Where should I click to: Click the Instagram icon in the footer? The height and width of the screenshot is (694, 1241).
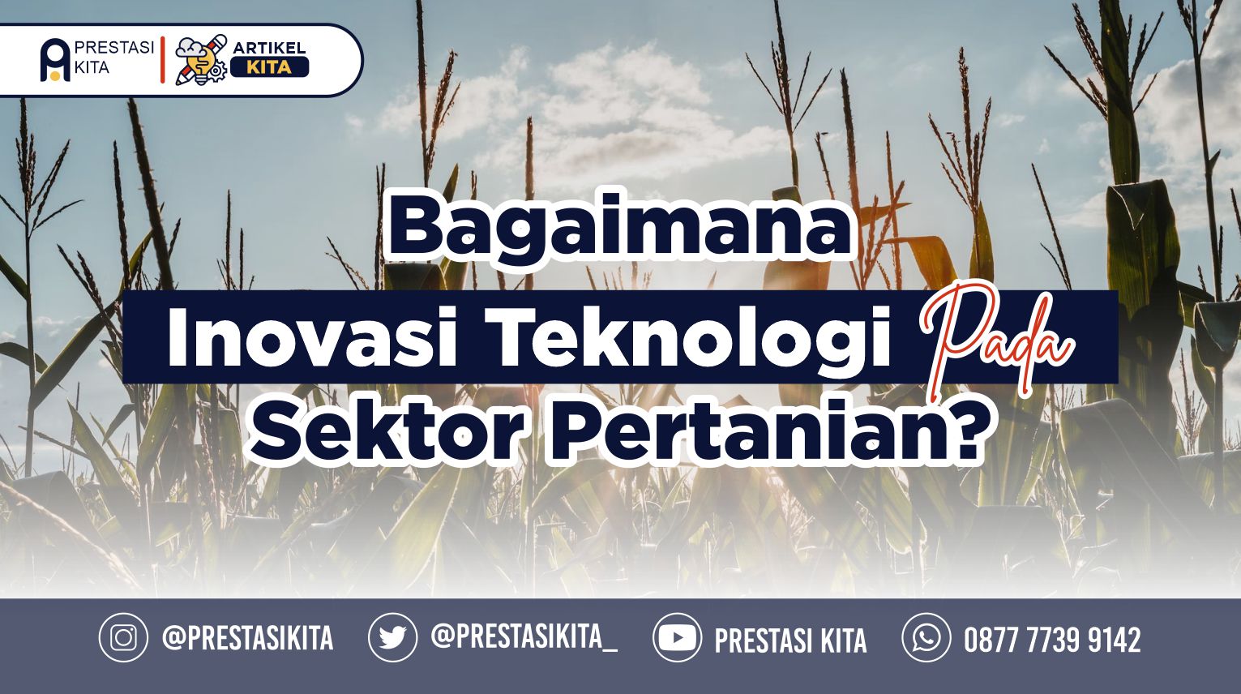pyautogui.click(x=123, y=638)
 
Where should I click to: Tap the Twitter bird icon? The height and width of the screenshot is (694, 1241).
pyautogui.click(x=393, y=638)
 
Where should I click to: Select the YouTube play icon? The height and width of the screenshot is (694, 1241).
pyautogui.click(x=677, y=638)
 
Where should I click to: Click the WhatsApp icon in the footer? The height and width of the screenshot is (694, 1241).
pyautogui.click(x=926, y=638)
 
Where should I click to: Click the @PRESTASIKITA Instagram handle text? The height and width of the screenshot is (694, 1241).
pyautogui.click(x=248, y=637)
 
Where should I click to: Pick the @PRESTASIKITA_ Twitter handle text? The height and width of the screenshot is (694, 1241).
pyautogui.click(x=524, y=636)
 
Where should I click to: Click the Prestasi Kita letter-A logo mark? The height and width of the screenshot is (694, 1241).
pyautogui.click(x=54, y=61)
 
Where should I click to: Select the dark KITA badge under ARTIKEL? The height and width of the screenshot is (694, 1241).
pyautogui.click(x=269, y=67)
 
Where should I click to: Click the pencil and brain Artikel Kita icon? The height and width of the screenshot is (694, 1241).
pyautogui.click(x=200, y=60)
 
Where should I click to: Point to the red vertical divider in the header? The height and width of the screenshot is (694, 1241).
pyautogui.click(x=162, y=60)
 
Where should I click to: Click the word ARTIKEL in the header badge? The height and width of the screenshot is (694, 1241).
pyautogui.click(x=269, y=48)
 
